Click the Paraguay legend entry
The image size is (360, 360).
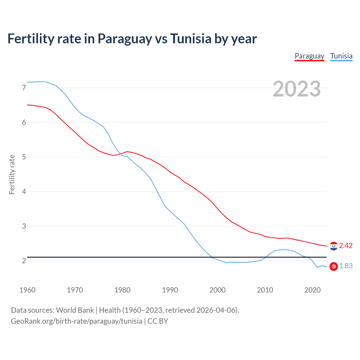309,56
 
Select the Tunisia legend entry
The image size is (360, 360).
341,56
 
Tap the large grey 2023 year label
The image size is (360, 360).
296,89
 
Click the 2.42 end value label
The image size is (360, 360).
346,246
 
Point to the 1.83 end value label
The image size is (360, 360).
346,266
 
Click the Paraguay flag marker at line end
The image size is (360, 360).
334,246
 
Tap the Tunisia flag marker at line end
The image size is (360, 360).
334,266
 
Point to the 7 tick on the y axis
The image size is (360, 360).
24,88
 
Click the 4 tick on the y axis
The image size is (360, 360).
24,192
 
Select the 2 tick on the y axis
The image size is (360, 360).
24,261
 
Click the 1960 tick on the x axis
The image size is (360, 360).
27,290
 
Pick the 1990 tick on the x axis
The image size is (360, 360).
170,290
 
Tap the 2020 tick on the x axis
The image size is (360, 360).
312,290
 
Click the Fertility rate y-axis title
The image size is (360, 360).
12,174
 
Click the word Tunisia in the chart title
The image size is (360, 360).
191,39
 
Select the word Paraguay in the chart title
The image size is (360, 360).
125,39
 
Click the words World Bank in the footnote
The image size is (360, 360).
75,310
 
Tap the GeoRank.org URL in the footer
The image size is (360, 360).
76,321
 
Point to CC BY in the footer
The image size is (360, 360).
157,321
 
